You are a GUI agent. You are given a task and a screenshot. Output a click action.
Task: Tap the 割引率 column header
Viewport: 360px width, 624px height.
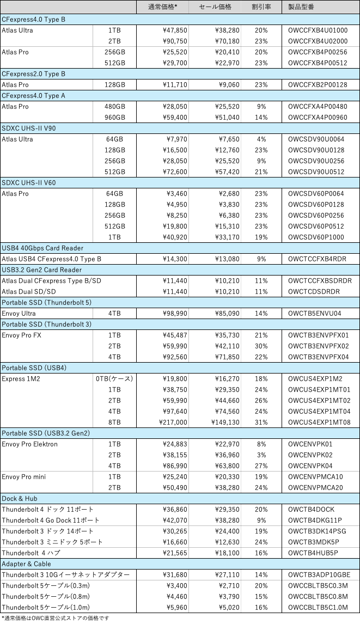click(261, 7)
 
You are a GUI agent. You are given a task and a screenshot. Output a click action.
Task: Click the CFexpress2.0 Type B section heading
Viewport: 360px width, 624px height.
click(33, 74)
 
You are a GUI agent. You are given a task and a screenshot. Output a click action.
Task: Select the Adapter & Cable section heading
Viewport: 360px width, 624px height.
click(26, 564)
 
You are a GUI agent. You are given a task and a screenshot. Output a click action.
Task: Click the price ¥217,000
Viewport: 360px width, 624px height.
click(173, 422)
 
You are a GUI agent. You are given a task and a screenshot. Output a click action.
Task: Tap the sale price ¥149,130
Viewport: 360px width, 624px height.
click(225, 422)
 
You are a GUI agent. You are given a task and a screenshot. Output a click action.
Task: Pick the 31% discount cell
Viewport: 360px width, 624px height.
click(261, 422)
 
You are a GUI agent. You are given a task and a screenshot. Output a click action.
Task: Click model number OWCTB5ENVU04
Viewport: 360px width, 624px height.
click(315, 313)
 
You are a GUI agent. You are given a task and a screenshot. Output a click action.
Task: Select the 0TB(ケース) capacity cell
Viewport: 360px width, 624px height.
click(114, 378)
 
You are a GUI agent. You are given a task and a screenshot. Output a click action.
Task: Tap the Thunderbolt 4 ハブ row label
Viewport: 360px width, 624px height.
click(30, 553)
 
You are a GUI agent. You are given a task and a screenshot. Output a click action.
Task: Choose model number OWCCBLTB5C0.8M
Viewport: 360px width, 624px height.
click(318, 596)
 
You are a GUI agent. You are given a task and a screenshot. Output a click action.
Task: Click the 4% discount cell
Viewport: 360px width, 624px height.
click(261, 139)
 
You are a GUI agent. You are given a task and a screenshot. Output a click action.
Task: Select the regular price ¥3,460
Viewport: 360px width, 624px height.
click(177, 194)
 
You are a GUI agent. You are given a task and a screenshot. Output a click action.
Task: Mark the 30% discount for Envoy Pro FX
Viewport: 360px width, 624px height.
click(261, 346)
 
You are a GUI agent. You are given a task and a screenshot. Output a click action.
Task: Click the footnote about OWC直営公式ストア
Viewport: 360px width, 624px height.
click(55, 618)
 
